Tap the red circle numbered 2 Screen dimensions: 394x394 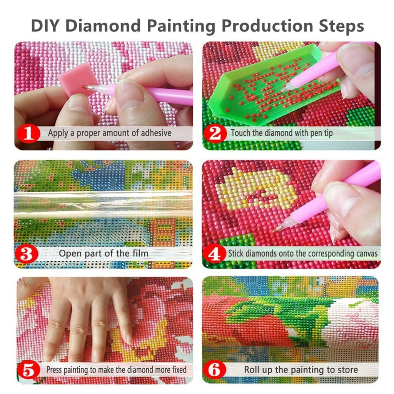point(215,134)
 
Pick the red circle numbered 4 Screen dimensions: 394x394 point(214,254)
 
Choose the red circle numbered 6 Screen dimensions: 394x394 point(215,371)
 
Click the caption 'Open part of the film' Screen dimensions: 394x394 point(103,254)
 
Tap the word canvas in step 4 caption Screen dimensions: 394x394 point(366,254)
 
